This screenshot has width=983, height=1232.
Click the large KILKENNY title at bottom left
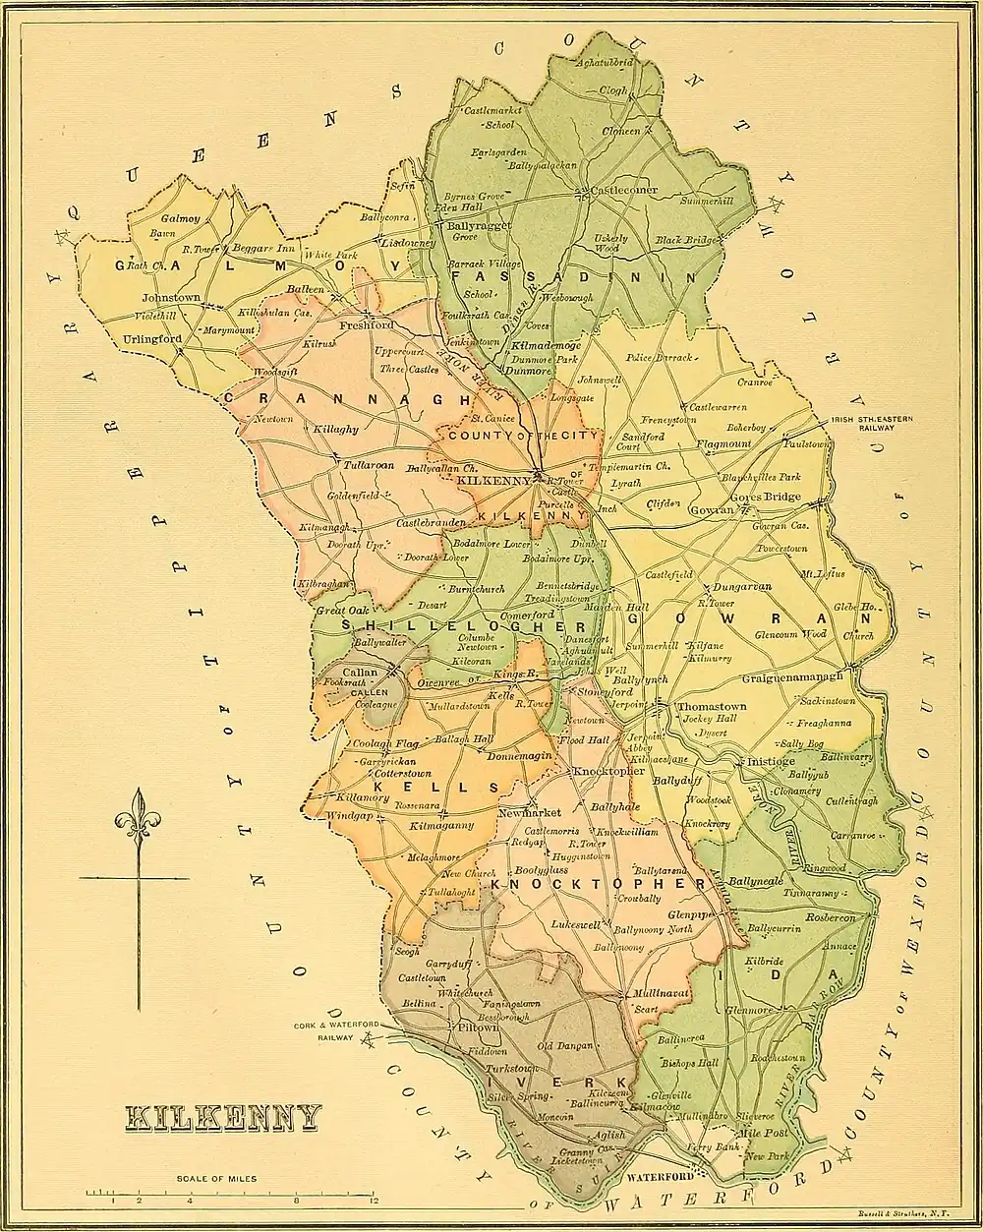pyautogui.click(x=223, y=1117)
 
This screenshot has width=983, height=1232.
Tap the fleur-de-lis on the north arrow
pyautogui.click(x=139, y=814)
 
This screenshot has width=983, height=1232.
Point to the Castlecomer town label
pyautogui.click(x=623, y=190)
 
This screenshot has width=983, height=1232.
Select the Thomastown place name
pyautogui.click(x=712, y=706)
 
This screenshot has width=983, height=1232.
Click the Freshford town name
pyautogui.click(x=366, y=324)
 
